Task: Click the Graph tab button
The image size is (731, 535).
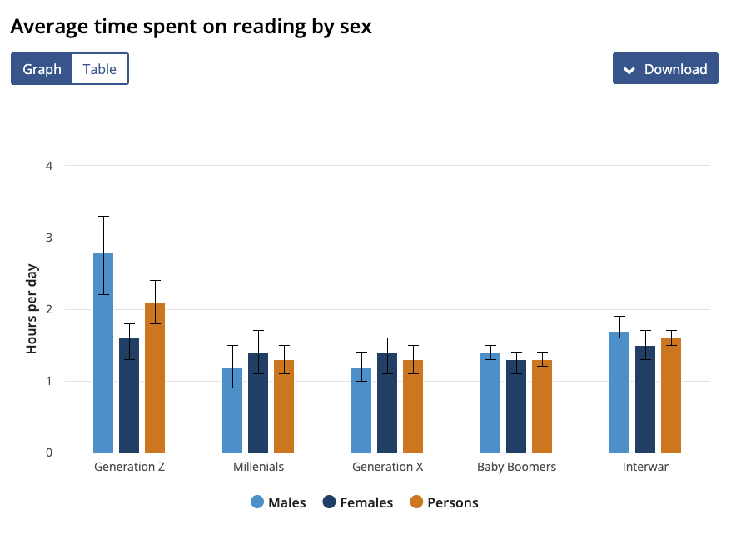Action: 42,69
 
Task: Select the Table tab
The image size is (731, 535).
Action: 100,69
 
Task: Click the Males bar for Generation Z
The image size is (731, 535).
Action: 103,352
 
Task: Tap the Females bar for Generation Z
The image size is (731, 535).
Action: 129,396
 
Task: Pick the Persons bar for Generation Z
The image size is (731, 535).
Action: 155,377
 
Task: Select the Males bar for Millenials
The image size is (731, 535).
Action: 232,410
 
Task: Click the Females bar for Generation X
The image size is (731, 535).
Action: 387,403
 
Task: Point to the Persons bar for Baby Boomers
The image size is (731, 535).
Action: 542,407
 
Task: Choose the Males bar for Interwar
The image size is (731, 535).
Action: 619,392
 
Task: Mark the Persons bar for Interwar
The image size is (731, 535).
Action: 671,396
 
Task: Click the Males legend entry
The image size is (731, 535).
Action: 278,502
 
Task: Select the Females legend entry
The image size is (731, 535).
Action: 358,502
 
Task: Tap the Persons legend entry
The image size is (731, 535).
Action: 445,502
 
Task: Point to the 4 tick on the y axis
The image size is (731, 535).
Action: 49,166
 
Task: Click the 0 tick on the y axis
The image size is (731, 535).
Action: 49,452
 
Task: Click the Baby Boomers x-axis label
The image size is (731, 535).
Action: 516,467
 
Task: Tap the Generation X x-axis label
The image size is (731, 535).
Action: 387,467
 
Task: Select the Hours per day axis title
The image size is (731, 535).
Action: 32,309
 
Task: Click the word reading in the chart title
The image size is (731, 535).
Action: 269,27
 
